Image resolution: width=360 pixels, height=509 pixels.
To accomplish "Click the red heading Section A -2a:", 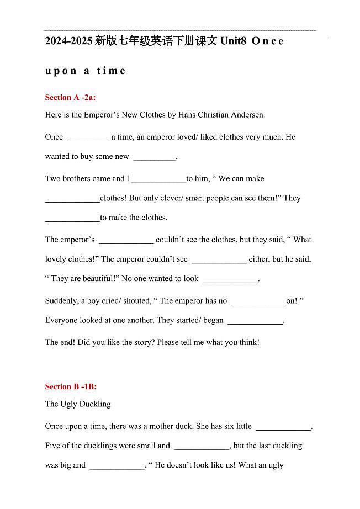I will coord(71,97).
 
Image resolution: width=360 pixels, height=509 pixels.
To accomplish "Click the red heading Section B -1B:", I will coord(71,386).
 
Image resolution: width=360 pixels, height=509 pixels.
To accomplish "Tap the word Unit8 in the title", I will coord(232,41).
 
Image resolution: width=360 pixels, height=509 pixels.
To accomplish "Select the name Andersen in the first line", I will coord(248,115).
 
